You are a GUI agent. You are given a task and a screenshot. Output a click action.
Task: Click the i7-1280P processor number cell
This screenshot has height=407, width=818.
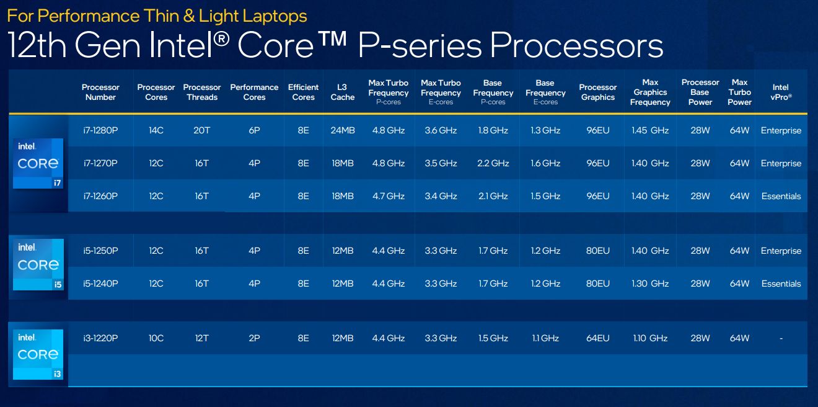(100, 130)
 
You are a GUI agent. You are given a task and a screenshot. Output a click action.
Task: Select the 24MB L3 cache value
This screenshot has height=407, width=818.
(342, 130)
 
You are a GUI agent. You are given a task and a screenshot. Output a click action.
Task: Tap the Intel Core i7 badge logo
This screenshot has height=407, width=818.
(38, 163)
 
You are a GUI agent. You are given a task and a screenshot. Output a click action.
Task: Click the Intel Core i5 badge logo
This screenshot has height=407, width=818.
(38, 264)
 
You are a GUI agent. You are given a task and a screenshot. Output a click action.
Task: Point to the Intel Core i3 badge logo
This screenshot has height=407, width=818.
(38, 354)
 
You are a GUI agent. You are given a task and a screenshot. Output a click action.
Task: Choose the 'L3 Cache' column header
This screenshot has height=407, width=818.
(342, 92)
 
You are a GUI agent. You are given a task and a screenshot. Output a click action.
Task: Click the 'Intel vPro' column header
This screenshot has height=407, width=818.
(781, 92)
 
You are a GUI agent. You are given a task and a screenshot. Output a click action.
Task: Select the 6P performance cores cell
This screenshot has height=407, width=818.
(254, 130)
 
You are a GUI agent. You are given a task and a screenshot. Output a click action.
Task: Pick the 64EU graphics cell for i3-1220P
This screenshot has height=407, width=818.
(597, 338)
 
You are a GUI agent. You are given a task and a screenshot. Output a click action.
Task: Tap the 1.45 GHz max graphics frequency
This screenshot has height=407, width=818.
(650, 130)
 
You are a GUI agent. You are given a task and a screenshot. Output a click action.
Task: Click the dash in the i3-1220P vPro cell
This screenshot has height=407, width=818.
(781, 338)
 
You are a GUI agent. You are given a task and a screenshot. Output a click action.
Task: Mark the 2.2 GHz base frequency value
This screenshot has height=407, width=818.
(493, 163)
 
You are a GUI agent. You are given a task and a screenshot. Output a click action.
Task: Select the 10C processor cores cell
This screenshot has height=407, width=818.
(156, 338)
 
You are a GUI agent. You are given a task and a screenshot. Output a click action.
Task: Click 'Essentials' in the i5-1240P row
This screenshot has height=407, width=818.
(781, 284)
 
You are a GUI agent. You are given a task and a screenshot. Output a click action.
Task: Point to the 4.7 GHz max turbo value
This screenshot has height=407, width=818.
(388, 196)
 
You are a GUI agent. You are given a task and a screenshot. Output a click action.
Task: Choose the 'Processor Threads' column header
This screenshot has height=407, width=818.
(202, 92)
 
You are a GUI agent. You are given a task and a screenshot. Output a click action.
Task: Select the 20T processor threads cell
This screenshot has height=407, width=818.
(202, 130)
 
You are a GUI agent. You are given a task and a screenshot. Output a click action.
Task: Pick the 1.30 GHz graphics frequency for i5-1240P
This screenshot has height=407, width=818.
(650, 284)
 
